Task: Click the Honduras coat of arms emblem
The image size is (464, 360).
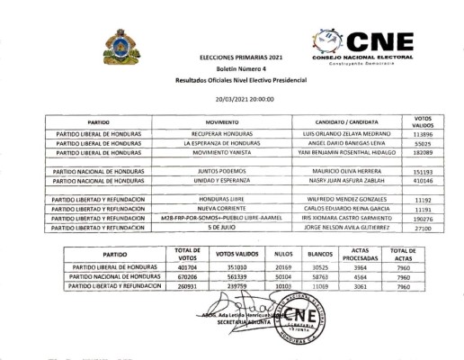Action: coord(120,45)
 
